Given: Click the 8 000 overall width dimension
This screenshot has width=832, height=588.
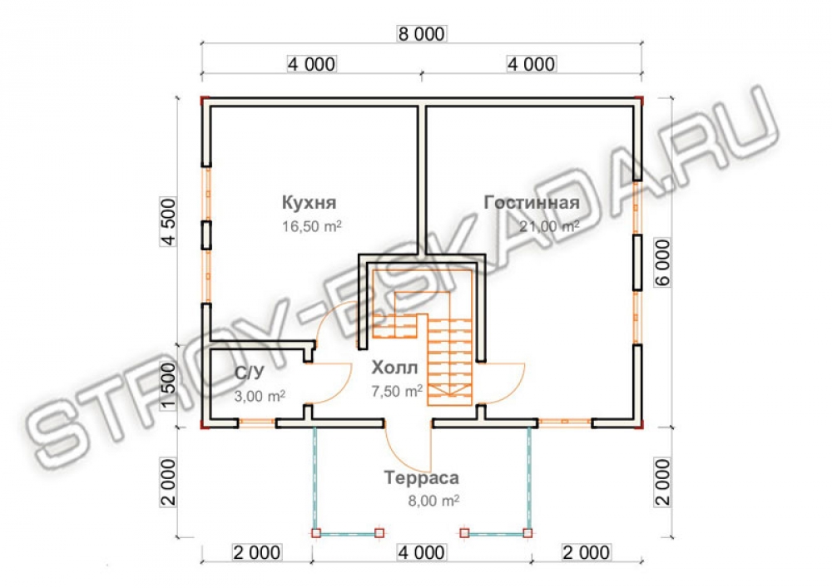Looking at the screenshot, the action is pyautogui.click(x=421, y=34).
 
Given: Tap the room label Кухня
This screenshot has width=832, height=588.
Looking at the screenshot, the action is pyautogui.click(x=309, y=203).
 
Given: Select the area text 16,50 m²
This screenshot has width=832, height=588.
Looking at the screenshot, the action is pyautogui.click(x=311, y=226).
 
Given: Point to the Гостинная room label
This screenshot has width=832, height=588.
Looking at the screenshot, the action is pyautogui.click(x=531, y=203).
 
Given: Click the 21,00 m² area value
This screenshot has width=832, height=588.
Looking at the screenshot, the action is pyautogui.click(x=548, y=226).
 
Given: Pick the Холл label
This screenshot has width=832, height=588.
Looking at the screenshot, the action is pyautogui.click(x=394, y=368).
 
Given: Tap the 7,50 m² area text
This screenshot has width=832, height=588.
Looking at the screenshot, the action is pyautogui.click(x=397, y=391).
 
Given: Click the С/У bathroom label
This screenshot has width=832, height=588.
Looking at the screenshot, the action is pyautogui.click(x=250, y=373).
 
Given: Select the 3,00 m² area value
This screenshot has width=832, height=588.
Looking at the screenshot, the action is pyautogui.click(x=260, y=396).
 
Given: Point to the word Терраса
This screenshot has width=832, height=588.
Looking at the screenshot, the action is pyautogui.click(x=421, y=477).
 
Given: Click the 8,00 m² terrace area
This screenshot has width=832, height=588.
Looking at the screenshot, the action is pyautogui.click(x=433, y=501).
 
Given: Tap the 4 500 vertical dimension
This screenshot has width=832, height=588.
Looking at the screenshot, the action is pyautogui.click(x=168, y=221).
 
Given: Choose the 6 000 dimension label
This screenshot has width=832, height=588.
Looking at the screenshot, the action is pyautogui.click(x=663, y=263).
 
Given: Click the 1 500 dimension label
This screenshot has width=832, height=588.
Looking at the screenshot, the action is pyautogui.click(x=168, y=386).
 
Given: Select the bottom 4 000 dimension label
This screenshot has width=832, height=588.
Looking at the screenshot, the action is pyautogui.click(x=421, y=552).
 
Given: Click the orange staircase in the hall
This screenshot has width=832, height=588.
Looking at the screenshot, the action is pyautogui.click(x=423, y=338).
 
